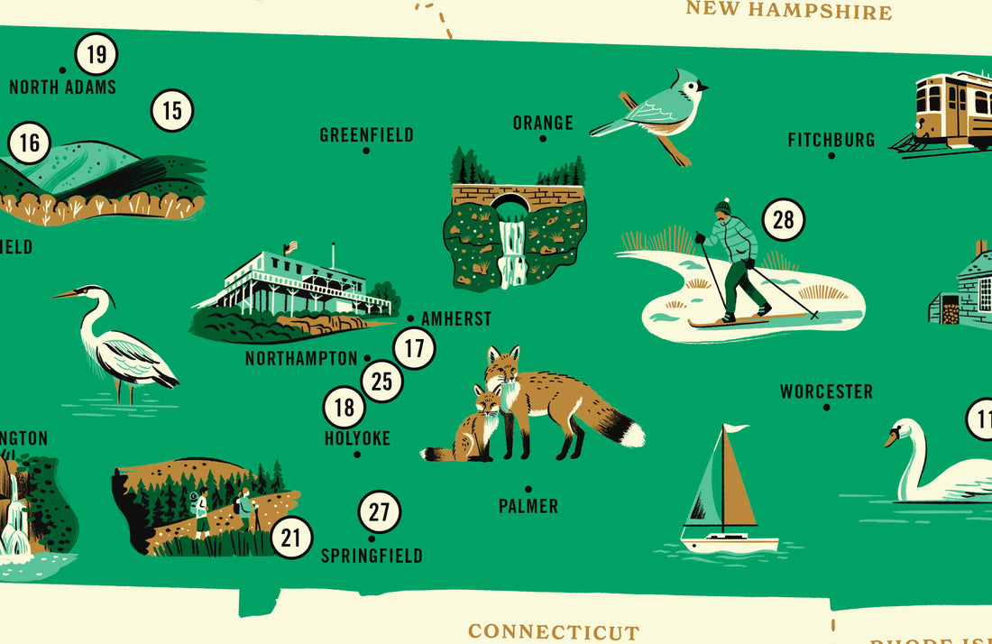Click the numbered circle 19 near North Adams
96,55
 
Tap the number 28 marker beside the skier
783,219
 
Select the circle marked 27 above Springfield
380,512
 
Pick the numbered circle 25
382,382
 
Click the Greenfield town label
366,135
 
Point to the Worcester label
826,391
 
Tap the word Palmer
528,506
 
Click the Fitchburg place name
831,140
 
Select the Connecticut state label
553,631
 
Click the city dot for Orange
543,139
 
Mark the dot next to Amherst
410,318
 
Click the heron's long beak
66,294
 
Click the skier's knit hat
723,207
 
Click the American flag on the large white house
290,246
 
